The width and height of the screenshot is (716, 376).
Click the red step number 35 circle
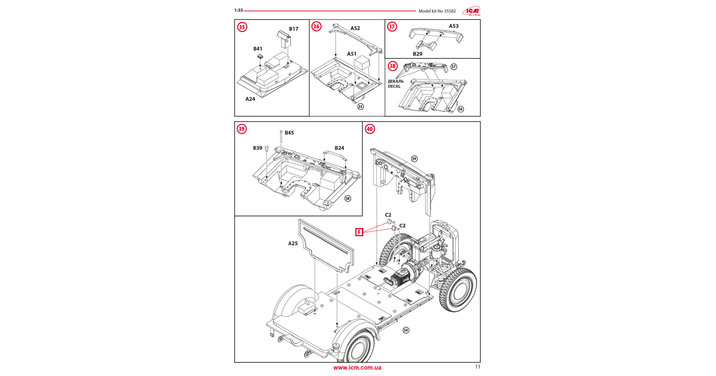(242, 27)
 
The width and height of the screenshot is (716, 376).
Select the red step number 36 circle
(316, 27)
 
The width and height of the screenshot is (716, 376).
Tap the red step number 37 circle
(392, 27)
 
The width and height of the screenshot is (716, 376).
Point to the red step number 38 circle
(392, 66)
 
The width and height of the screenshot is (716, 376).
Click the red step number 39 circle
(241, 129)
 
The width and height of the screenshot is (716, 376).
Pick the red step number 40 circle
(369, 129)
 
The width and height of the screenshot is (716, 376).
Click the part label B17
(293, 29)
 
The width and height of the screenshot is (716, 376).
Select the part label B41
(258, 49)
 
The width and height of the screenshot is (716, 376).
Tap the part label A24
(250, 99)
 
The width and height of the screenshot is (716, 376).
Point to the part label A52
(355, 28)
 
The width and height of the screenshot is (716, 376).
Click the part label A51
(351, 54)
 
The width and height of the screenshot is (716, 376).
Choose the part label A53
(453, 26)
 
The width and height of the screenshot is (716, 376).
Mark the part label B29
(417, 54)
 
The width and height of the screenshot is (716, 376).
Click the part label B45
(289, 133)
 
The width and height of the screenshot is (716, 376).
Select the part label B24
(339, 148)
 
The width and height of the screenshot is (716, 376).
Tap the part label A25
(293, 243)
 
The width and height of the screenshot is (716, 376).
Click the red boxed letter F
(359, 232)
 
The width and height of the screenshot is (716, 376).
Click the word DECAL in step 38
(394, 87)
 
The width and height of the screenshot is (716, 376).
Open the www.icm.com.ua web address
(357, 368)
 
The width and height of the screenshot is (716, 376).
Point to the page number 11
(477, 367)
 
